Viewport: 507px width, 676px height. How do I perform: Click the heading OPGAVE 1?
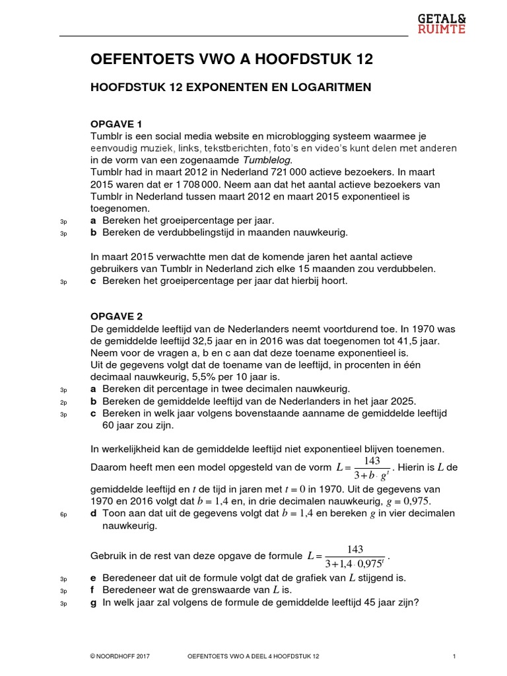[116, 123]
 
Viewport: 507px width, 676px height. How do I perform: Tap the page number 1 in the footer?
[455, 656]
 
